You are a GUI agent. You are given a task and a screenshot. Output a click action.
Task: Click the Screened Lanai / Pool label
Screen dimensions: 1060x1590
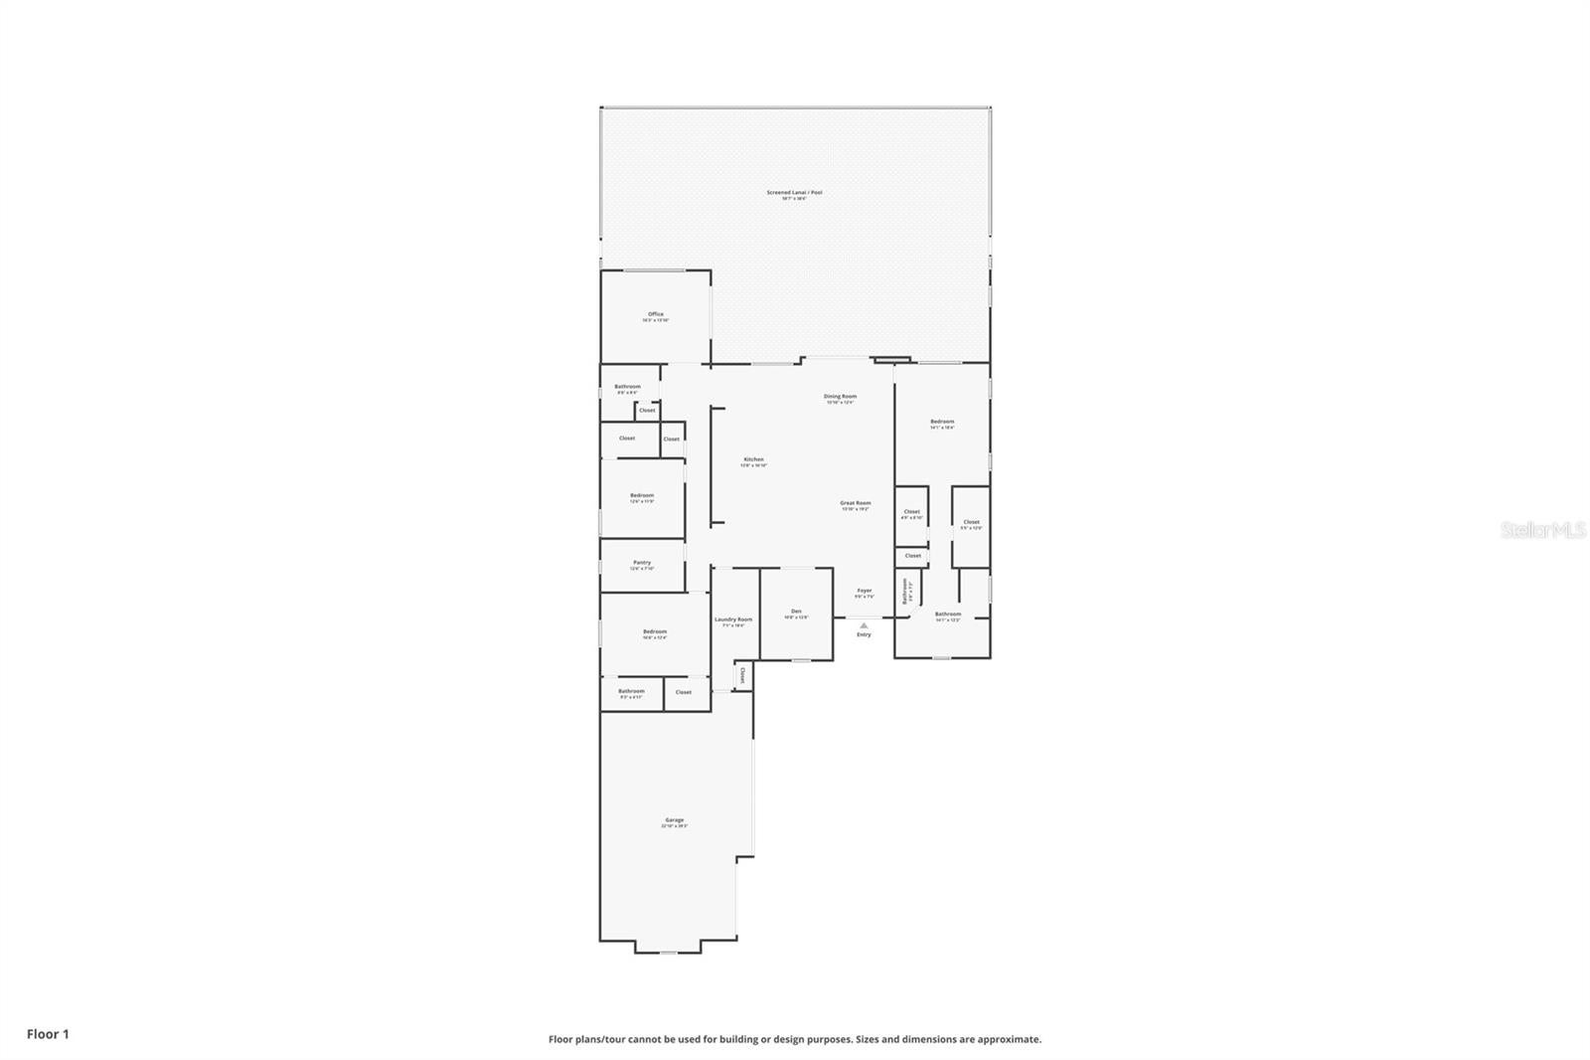coord(794,193)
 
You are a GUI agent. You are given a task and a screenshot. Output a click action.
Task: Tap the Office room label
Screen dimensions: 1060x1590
coord(655,314)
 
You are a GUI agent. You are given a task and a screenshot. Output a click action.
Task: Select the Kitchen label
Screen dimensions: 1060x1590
coord(753,459)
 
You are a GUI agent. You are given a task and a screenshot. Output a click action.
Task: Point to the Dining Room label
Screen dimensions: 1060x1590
coord(840,397)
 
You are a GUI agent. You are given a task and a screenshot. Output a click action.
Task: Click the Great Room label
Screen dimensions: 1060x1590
coord(855,503)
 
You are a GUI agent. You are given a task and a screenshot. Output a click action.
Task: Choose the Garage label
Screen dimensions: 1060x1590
coord(674,820)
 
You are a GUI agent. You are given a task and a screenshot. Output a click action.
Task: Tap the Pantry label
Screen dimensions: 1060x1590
coord(642,563)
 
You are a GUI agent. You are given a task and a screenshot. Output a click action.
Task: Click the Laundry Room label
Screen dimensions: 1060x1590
coord(733,619)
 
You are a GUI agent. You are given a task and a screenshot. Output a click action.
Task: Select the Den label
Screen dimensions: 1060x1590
coord(796,611)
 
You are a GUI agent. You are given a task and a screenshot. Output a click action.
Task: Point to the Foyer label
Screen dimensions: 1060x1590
coord(864,591)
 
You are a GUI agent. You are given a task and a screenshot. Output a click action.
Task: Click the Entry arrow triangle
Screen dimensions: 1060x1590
coord(864,625)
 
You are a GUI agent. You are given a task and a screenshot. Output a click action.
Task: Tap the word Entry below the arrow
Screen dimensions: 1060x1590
coord(864,634)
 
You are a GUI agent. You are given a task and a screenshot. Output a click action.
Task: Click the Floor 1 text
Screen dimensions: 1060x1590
coord(48,1034)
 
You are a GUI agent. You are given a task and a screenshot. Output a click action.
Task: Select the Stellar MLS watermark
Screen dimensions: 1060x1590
coord(1542,531)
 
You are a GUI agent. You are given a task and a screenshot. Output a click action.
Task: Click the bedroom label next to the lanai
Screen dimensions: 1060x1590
coord(941,422)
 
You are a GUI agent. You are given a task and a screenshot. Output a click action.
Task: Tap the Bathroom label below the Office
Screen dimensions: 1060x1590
coord(627,387)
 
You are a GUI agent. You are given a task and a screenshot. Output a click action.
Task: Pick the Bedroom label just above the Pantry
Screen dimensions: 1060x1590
coord(641,495)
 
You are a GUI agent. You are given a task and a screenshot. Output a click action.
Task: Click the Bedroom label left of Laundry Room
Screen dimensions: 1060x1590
coord(654,631)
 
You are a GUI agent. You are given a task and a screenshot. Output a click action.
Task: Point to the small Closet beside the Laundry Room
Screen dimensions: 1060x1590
coord(742,676)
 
